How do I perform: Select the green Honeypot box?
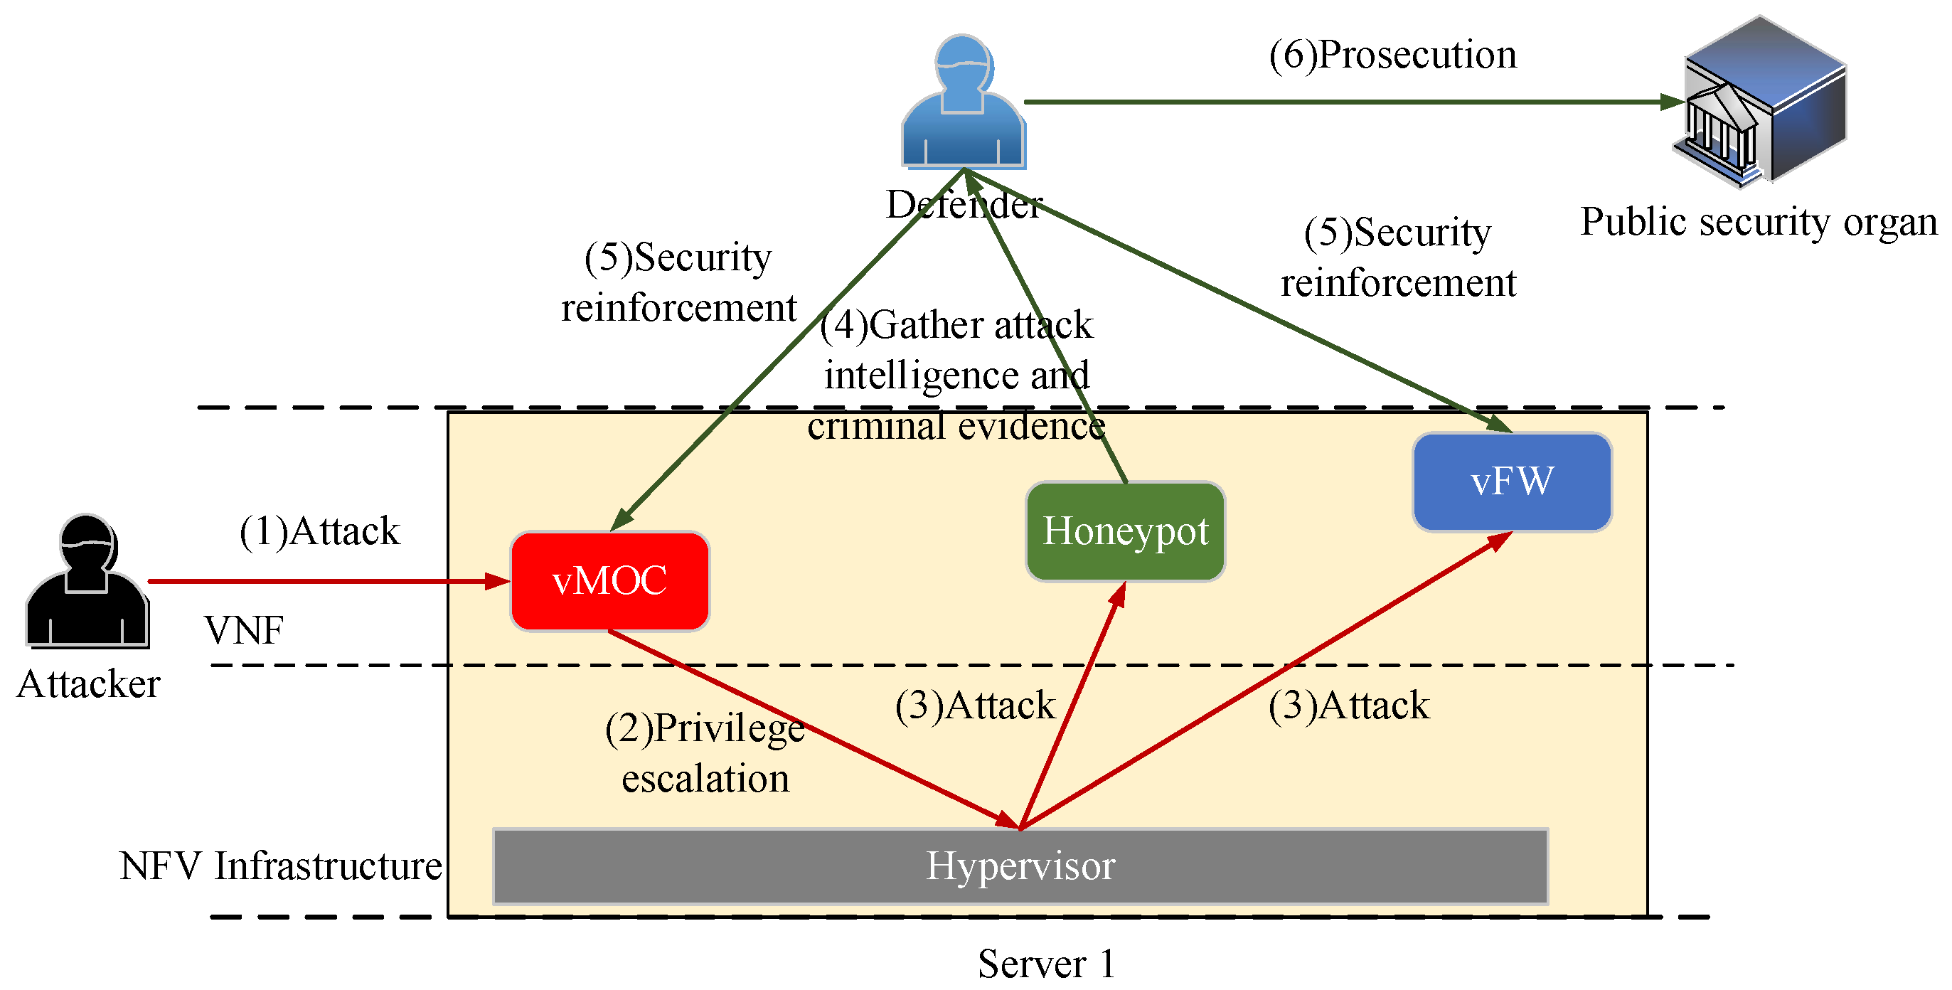[1125, 531]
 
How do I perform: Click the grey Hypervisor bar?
[1020, 866]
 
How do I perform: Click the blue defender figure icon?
[963, 106]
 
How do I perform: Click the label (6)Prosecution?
[1393, 55]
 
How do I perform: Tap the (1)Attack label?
[319, 531]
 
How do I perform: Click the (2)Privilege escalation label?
[705, 752]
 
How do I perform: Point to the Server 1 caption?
[1046, 964]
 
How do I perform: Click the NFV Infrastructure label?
[280, 866]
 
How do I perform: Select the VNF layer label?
[243, 630]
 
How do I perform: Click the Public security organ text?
[1758, 222]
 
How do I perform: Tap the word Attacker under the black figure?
[88, 683]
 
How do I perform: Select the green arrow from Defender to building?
[1349, 102]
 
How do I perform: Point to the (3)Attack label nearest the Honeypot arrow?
[974, 706]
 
